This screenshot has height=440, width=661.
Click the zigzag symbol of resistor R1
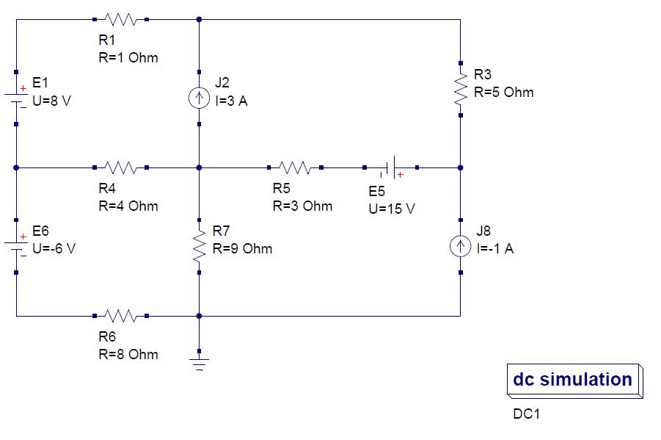(120, 19)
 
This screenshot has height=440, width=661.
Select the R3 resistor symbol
(460, 89)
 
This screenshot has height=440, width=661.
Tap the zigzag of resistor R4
(120, 167)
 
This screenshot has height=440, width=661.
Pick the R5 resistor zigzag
(295, 167)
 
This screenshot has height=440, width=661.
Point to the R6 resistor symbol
(120, 316)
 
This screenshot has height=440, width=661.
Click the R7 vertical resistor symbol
(199, 246)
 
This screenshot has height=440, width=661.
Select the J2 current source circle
(199, 98)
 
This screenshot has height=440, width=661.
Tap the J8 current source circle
(460, 246)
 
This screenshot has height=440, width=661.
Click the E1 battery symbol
(16, 98)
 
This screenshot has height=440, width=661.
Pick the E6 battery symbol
(16, 246)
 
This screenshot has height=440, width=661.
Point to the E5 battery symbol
(391, 167)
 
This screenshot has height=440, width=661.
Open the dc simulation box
(574, 381)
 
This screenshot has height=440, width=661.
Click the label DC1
(526, 414)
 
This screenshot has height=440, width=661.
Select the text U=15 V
(392, 209)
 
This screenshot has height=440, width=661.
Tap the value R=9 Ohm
(242, 248)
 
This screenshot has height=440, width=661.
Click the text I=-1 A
(495, 248)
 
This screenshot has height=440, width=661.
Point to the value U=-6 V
(54, 248)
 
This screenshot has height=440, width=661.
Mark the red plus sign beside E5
(401, 174)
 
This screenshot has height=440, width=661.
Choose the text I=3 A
(231, 101)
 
